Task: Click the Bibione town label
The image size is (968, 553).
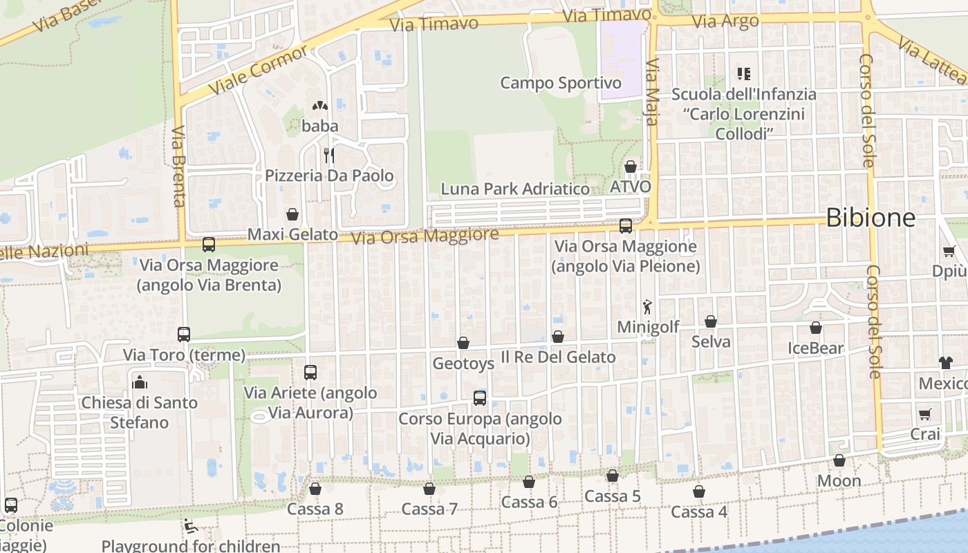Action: tap(871, 218)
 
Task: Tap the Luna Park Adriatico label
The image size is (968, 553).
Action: tap(515, 189)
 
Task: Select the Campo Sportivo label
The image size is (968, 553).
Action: tap(561, 83)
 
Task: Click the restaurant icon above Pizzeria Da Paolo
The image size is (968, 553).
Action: tap(329, 154)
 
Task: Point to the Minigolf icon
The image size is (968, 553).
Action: tap(647, 306)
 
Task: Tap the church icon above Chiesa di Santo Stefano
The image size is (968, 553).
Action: tap(140, 382)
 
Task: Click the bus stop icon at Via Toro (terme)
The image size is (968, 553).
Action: tap(184, 335)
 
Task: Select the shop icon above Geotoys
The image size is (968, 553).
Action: tap(463, 343)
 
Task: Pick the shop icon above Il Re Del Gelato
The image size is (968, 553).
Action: tap(558, 337)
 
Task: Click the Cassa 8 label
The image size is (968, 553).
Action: tap(315, 509)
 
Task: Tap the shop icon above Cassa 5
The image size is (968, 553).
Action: tap(613, 476)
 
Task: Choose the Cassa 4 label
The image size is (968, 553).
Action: tap(699, 512)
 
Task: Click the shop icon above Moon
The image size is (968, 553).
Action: tap(839, 460)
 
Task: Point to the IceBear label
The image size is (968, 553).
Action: tap(816, 348)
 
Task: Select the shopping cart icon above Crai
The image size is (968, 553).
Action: tap(925, 414)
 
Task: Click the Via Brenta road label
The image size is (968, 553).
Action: tap(179, 166)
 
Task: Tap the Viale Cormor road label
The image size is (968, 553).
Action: tap(257, 71)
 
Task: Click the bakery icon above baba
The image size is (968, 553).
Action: tap(319, 106)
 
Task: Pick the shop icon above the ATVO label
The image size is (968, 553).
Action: tap(631, 167)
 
